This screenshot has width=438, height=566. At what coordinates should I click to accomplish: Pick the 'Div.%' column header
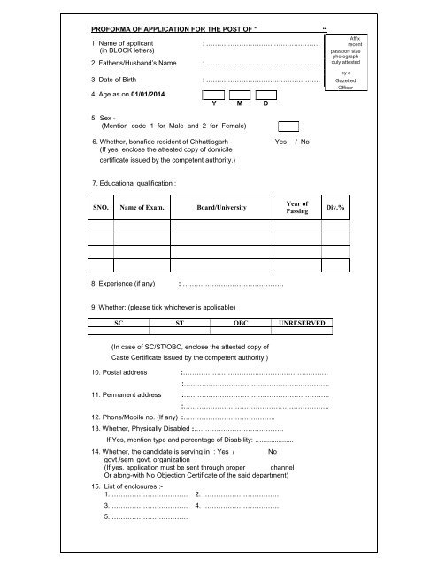(x=337, y=208)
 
